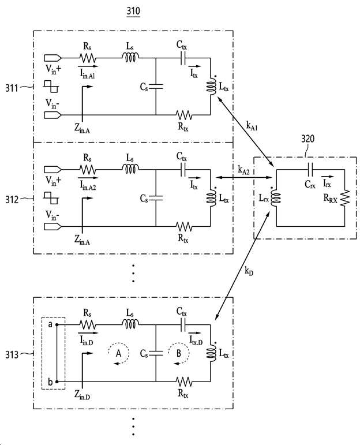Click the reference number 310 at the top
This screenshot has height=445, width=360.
pos(133,11)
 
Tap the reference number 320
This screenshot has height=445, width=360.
pos(308,139)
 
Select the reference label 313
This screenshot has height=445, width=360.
pos(12,354)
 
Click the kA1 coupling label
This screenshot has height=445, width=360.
pos(252,125)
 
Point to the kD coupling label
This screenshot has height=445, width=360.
pos(249,271)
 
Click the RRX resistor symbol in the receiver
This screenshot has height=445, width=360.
pos(345,198)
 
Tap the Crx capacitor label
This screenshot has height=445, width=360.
pos(310,185)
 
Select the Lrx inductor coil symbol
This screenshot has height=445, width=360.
pos(276,198)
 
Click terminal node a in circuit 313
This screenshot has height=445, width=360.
pos(57,325)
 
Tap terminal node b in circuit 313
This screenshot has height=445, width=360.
pos(57,382)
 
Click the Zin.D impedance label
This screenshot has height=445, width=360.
pos(82,395)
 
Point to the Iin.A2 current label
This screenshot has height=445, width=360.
pos(88,186)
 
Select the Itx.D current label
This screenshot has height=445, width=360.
pos(196,341)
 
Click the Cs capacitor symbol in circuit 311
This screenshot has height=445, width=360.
pos(156,86)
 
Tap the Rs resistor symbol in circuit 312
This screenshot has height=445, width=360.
pos(87,170)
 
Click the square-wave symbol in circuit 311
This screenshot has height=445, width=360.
pos(51,86)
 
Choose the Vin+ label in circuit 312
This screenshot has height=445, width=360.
pos(53,181)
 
